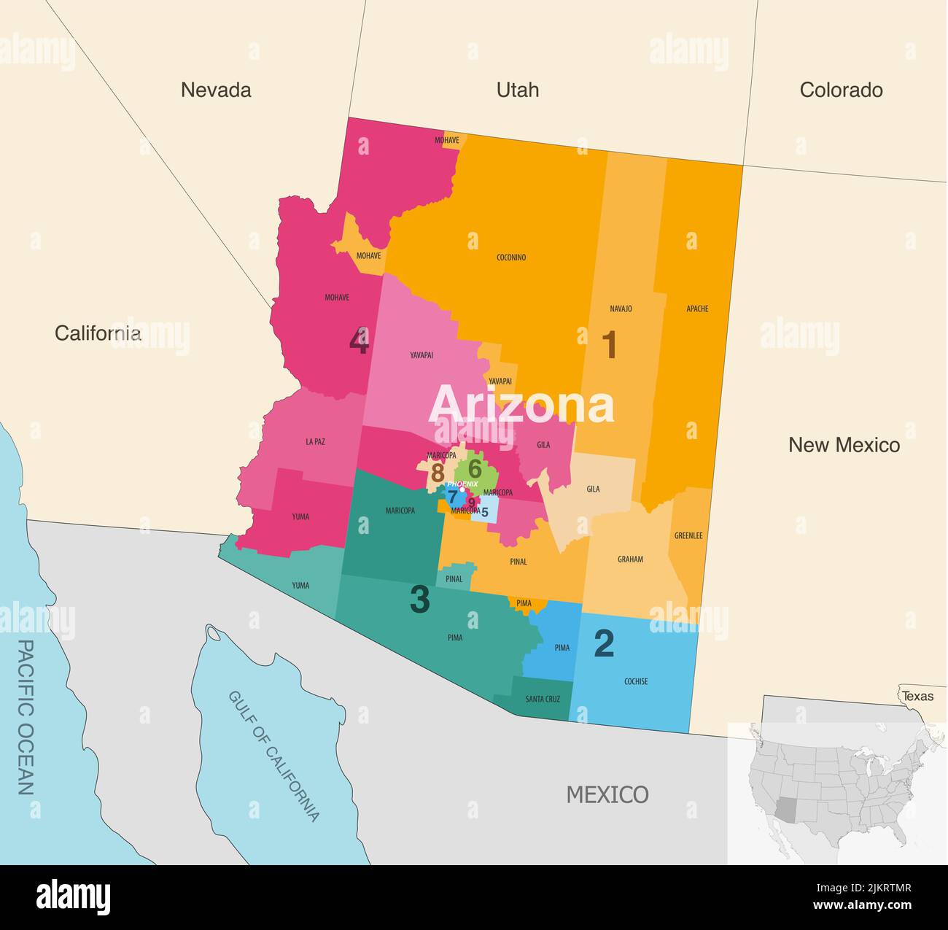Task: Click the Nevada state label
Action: click(x=216, y=90)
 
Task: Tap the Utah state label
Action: click(x=518, y=90)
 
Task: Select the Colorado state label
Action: click(x=841, y=90)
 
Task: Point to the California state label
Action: click(x=98, y=333)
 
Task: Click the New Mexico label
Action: click(x=844, y=445)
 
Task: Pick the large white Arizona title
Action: click(x=521, y=406)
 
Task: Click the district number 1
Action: click(x=609, y=345)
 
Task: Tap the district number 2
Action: click(x=604, y=643)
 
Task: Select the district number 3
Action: click(x=419, y=600)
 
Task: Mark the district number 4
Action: click(x=358, y=341)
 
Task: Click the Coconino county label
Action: click(x=511, y=257)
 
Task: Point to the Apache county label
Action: click(x=697, y=309)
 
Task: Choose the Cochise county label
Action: click(x=636, y=681)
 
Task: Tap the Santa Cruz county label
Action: click(x=543, y=699)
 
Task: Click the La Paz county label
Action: click(x=315, y=441)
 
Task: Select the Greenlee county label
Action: click(x=688, y=535)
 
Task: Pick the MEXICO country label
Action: click(x=607, y=794)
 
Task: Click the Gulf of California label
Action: click(x=274, y=756)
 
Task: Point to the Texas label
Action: click(x=917, y=696)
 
